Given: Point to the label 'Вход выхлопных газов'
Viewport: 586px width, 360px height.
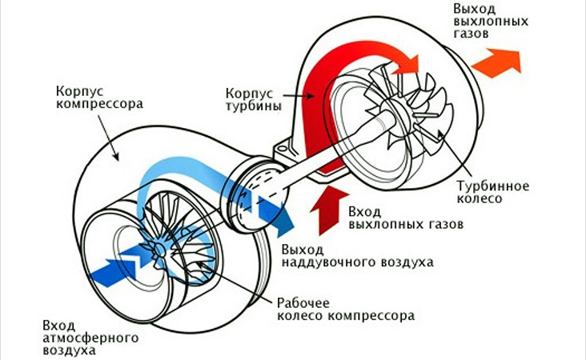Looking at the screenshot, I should pyautogui.click(x=406, y=218).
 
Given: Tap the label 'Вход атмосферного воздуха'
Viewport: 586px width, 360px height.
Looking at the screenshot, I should pyautogui.click(x=87, y=338).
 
